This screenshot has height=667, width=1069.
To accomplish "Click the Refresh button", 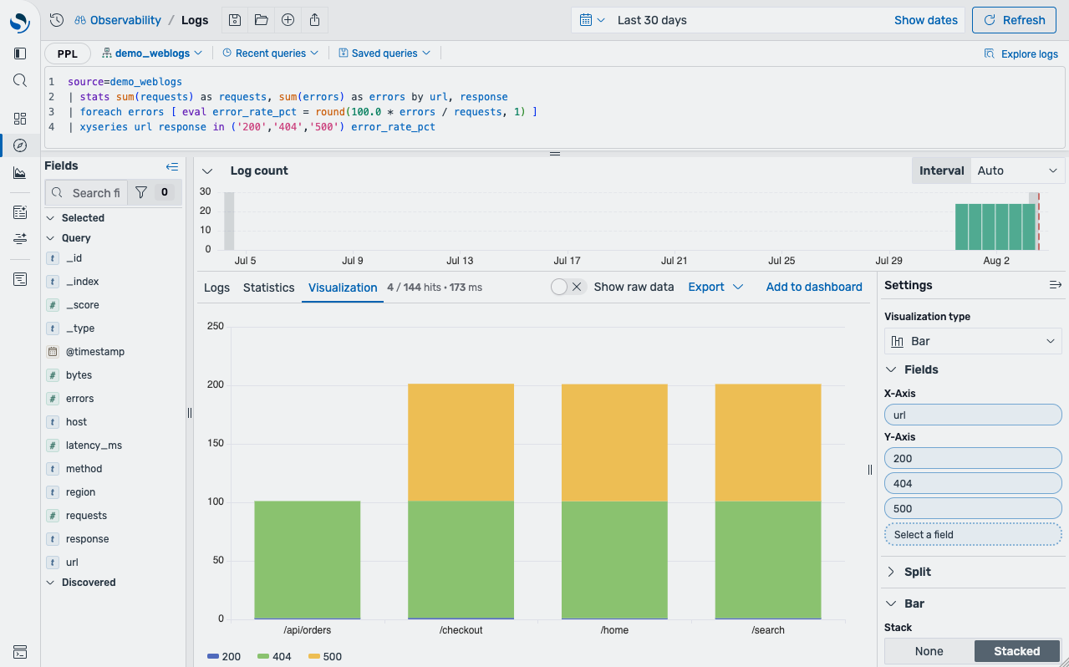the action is [1014, 20].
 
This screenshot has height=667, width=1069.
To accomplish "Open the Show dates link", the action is [925, 20].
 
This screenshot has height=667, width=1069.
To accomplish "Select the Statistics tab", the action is [268, 288].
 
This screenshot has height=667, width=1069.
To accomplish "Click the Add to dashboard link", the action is [814, 287].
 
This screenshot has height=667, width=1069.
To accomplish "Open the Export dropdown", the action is [715, 287].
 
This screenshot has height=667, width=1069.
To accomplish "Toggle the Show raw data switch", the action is [568, 287].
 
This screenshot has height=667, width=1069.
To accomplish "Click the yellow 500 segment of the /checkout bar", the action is [461, 442].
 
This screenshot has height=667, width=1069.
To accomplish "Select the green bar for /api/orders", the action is [308, 560].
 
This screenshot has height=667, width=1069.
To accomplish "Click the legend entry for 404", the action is [274, 656].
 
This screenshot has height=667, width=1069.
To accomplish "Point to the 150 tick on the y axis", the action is [216, 443].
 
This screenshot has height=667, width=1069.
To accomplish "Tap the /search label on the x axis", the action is [768, 629].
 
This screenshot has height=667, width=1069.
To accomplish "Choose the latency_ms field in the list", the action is [94, 446].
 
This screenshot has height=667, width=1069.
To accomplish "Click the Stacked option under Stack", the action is [1016, 651].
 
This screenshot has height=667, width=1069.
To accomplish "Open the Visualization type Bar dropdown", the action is [973, 341].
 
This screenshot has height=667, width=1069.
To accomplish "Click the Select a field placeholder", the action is [973, 534].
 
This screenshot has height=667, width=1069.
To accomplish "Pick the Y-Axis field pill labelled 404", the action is [973, 483].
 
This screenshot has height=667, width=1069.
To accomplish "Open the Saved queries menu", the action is [384, 53].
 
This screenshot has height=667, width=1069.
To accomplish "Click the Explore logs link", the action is [1021, 54].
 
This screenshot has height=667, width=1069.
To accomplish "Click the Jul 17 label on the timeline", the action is [567, 261].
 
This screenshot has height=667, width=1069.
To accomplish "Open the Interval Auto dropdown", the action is [1016, 171].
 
